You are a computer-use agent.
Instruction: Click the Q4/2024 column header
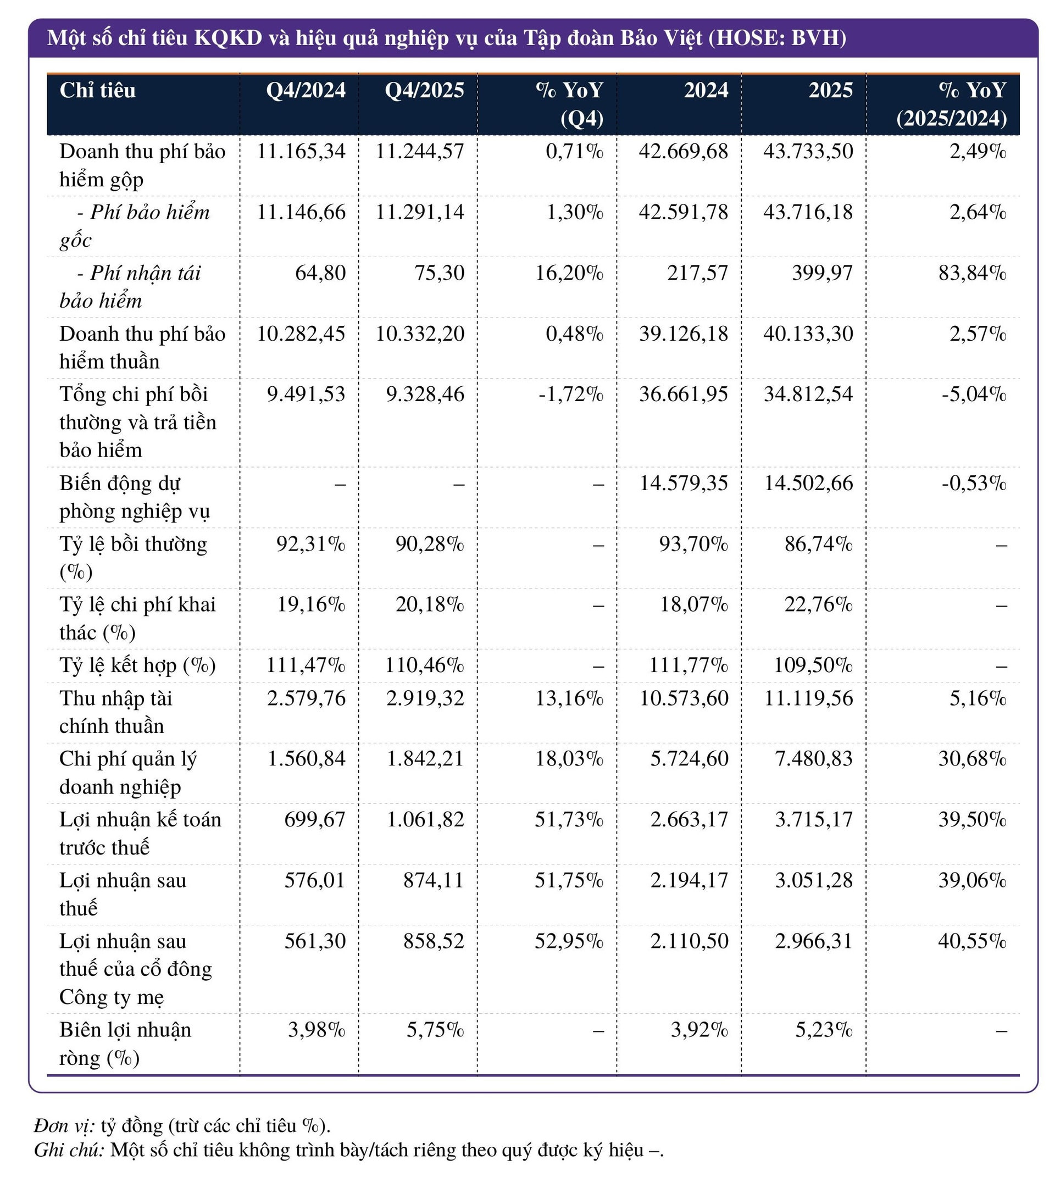tap(306, 91)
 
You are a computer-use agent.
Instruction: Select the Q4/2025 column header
tap(424, 91)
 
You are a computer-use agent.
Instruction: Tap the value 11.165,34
tap(301, 151)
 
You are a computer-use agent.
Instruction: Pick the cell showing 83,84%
tap(972, 273)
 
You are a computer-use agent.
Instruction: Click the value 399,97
tap(822, 273)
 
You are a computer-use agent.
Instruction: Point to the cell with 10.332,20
tap(420, 334)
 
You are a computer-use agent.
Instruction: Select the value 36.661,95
tap(683, 395)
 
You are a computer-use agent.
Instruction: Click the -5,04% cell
tap(974, 395)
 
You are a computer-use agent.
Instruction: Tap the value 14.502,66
tap(808, 483)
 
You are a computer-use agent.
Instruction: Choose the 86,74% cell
tap(818, 544)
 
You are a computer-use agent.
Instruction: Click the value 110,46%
tap(424, 665)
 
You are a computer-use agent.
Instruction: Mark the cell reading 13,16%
tap(569, 698)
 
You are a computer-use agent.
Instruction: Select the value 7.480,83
tap(813, 758)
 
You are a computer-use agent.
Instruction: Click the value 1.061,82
tap(425, 819)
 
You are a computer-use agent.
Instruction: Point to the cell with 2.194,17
tap(688, 880)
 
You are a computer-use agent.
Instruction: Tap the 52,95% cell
tap(569, 940)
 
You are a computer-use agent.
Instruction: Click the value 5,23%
tap(823, 1030)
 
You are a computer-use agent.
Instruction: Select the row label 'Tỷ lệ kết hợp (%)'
tap(137, 665)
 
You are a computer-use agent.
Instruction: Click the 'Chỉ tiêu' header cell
tap(97, 91)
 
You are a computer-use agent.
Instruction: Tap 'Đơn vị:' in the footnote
tap(64, 1125)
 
